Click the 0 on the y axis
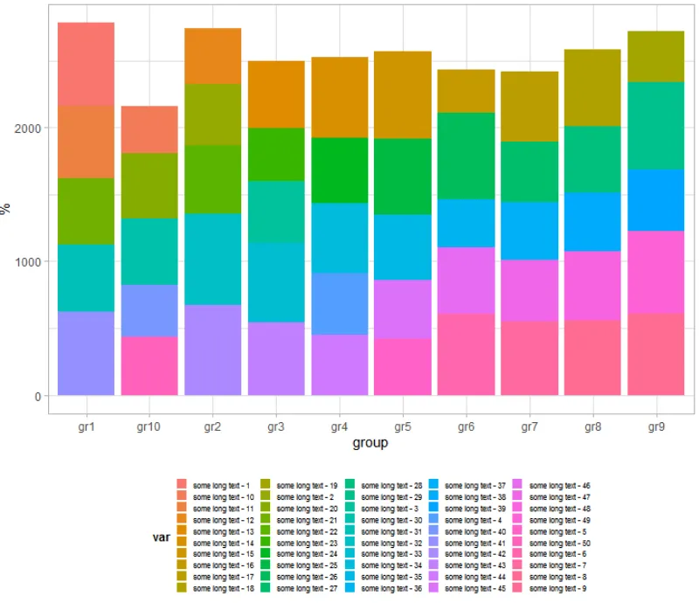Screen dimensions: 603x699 pyautogui.click(x=38, y=396)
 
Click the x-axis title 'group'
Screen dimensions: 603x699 pyautogui.click(x=370, y=443)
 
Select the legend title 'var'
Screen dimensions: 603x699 pyautogui.click(x=161, y=537)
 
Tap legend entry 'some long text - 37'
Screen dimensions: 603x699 pyautogui.click(x=476, y=485)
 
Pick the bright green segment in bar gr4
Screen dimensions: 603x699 pyautogui.click(x=339, y=170)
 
